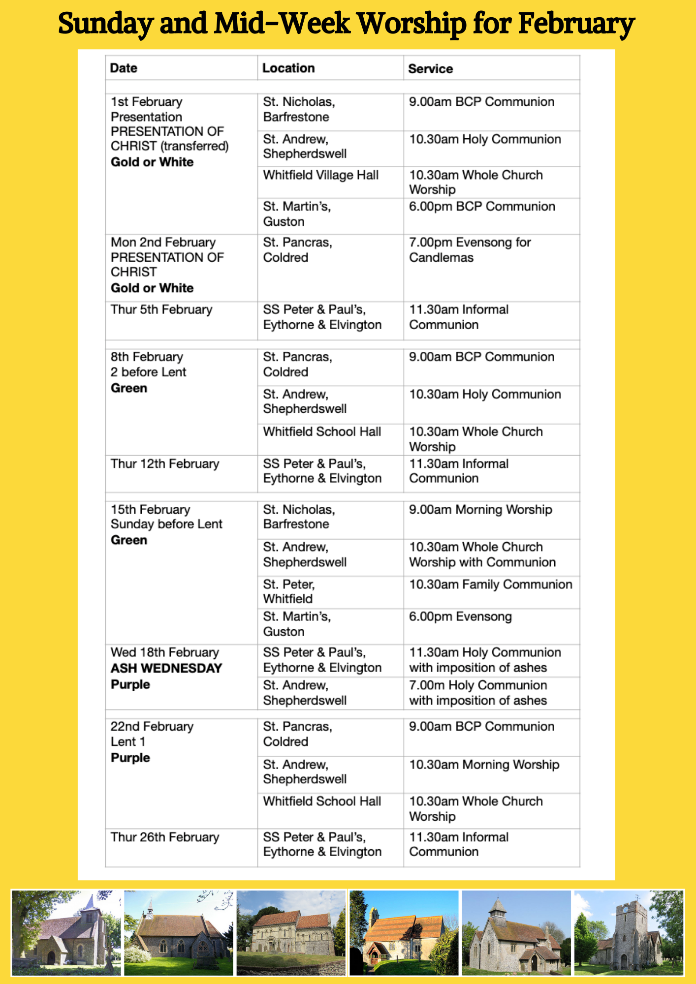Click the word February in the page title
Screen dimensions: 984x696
pyautogui.click(x=576, y=24)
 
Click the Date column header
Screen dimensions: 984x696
pyautogui.click(x=124, y=68)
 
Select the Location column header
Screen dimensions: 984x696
pyautogui.click(x=288, y=68)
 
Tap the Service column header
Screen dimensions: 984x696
pyautogui.click(x=430, y=68)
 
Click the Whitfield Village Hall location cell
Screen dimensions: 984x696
pyautogui.click(x=320, y=175)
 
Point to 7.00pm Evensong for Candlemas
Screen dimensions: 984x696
pyautogui.click(x=470, y=250)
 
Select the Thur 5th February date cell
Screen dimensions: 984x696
pyautogui.click(x=161, y=309)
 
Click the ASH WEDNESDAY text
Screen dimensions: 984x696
pyautogui.click(x=166, y=668)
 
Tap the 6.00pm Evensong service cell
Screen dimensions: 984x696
pyautogui.click(x=460, y=616)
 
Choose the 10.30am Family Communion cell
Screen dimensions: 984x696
pyautogui.click(x=490, y=584)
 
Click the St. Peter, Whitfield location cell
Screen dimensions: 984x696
pyautogui.click(x=289, y=591)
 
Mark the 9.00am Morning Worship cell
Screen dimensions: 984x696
pyautogui.click(x=480, y=510)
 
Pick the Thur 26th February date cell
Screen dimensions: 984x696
pyautogui.click(x=165, y=837)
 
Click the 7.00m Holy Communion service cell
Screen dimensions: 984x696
pyautogui.click(x=478, y=692)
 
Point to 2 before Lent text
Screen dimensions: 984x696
pyautogui.click(x=148, y=372)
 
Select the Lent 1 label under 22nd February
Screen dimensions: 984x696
pyautogui.click(x=127, y=741)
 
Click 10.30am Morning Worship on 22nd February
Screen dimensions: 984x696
pyautogui.click(x=484, y=765)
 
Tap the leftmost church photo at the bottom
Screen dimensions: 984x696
pyautogui.click(x=66, y=933)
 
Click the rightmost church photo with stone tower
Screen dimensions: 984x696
pyautogui.click(x=629, y=933)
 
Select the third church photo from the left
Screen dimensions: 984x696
pyautogui.click(x=291, y=933)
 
